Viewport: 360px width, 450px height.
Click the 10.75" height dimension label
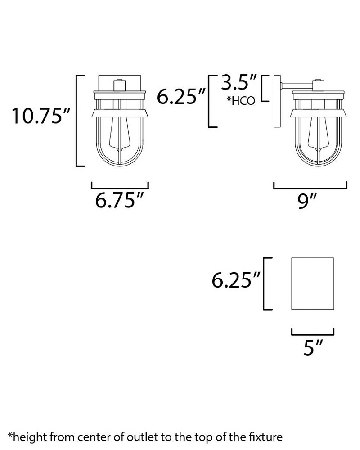click(x=41, y=116)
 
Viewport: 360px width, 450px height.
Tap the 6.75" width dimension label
click(x=119, y=200)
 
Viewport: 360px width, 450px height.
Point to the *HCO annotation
click(x=241, y=101)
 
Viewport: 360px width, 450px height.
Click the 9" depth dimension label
click(x=306, y=201)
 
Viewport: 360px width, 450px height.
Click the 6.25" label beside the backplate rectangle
click(x=236, y=280)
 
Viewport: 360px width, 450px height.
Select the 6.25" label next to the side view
click(x=181, y=96)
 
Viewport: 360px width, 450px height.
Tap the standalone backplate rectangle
click(x=312, y=283)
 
